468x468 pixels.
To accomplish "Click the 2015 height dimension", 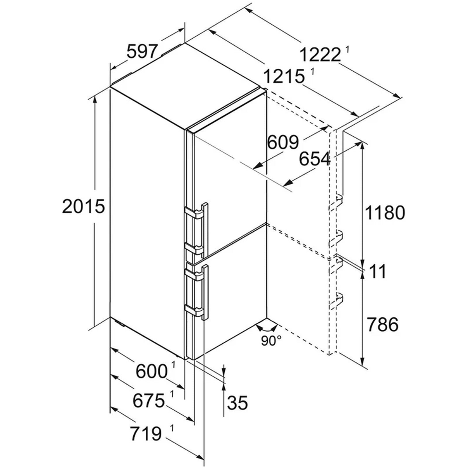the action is click(83, 206).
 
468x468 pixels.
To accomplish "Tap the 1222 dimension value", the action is click(321, 55).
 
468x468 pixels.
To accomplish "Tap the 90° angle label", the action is click(271, 341).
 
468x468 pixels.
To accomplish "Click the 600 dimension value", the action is click(151, 371).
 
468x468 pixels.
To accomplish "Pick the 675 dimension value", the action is click(149, 400).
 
